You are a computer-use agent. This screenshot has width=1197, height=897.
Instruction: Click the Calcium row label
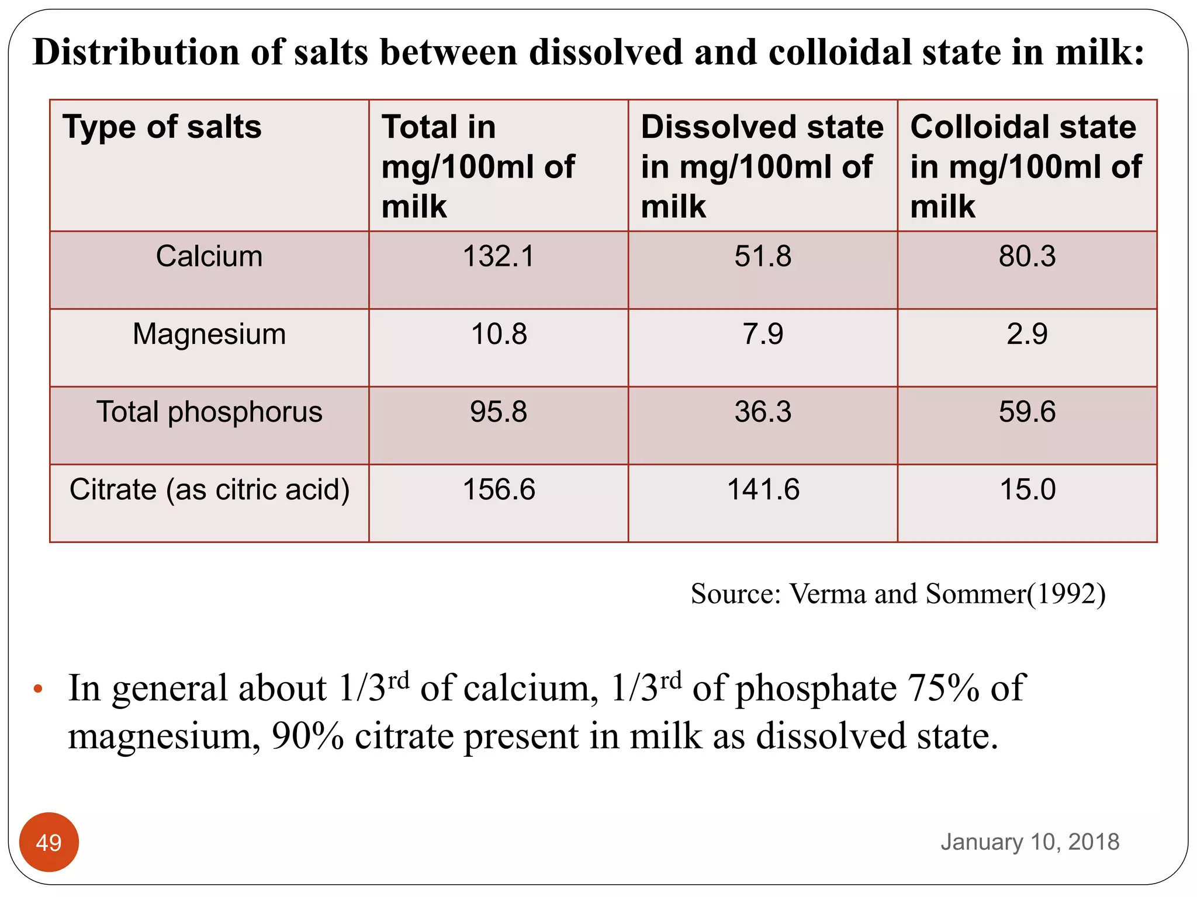pos(209,256)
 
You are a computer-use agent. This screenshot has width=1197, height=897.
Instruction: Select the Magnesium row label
pos(209,334)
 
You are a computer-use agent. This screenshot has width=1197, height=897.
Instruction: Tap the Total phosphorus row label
pos(209,412)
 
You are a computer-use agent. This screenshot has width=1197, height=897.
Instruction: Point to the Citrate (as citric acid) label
pos(209,489)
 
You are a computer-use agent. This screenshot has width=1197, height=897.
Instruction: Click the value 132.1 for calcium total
pos(499,256)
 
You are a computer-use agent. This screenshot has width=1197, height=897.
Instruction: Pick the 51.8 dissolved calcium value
pos(763,256)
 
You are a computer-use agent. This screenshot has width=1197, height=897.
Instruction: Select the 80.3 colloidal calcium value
pos(1027,256)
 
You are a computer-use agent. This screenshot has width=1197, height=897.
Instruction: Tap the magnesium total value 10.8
pos(499,334)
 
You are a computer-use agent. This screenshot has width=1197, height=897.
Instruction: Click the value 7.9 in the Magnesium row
pos(763,334)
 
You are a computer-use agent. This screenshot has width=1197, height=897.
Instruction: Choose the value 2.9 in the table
pos(1027,334)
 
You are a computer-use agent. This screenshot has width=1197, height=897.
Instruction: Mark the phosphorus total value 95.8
pos(499,412)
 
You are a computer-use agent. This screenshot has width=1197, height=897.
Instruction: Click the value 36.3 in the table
pos(763,412)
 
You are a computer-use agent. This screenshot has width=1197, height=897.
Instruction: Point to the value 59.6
pos(1027,412)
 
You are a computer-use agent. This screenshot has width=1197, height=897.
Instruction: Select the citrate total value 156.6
pos(499,489)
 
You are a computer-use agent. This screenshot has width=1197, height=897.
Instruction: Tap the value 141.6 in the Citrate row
pos(763,489)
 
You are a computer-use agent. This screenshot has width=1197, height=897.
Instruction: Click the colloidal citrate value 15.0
pos(1027,489)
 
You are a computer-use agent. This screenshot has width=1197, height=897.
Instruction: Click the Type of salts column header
pos(162,127)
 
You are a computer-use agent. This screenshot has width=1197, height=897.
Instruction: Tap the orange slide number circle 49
pos(49,842)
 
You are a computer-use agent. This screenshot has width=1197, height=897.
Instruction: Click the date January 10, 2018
pos(1030,842)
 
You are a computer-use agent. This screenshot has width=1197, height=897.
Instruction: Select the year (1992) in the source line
pos(1067,594)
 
